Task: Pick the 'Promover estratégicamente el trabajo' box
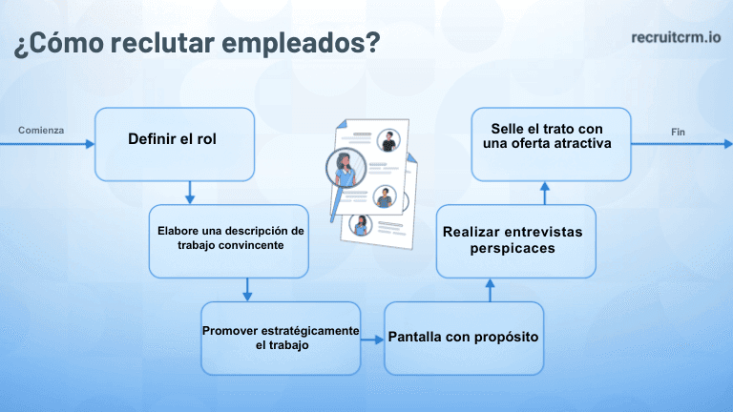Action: [x=281, y=338]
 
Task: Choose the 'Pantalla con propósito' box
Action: [x=464, y=338]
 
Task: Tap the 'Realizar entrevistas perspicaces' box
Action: [x=516, y=240]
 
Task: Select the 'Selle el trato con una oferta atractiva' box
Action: [x=552, y=143]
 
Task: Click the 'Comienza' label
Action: [x=41, y=130]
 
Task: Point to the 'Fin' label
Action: [x=679, y=131]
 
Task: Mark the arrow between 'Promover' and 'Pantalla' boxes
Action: [x=372, y=339]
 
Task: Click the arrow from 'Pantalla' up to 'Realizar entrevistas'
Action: [x=490, y=289]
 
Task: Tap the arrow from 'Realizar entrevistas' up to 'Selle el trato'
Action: [x=546, y=193]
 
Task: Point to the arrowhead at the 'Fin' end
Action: [x=726, y=144]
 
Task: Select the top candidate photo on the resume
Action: [x=387, y=140]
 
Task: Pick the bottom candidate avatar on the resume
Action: [x=362, y=225]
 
